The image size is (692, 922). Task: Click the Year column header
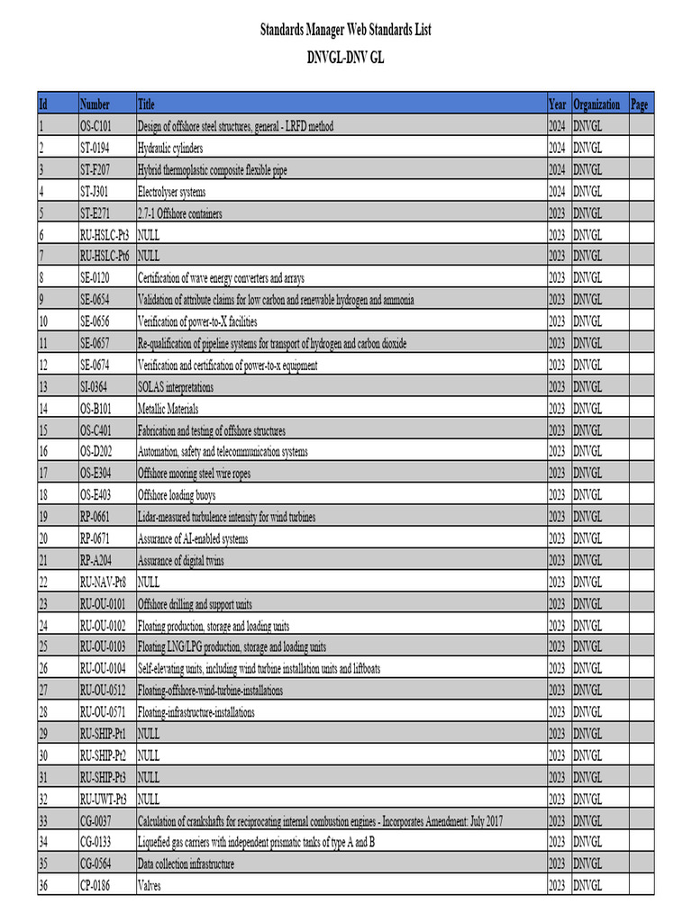tap(557, 104)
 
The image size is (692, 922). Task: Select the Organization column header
tap(596, 104)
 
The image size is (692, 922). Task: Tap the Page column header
tap(640, 104)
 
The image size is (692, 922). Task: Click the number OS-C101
tap(97, 126)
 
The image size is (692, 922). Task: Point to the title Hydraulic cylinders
tap(170, 148)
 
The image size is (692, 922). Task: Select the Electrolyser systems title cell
tap(171, 192)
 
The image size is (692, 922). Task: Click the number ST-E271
tap(97, 213)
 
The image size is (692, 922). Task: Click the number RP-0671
tap(97, 538)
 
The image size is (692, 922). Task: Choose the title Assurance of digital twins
tap(181, 560)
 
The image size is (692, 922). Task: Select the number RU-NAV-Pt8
tap(103, 582)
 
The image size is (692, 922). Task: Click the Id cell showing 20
tap(43, 538)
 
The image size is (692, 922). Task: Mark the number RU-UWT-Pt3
tap(103, 799)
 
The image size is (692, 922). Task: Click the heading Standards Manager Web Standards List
tap(346, 31)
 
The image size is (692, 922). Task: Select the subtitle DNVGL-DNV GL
tap(346, 57)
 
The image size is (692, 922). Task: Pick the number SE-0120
tap(97, 278)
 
